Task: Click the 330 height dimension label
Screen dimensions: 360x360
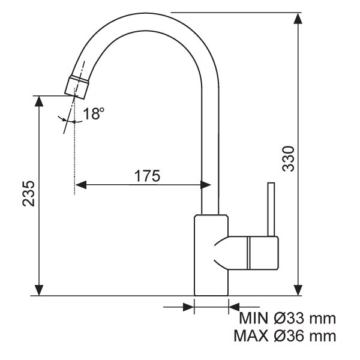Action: [288, 158]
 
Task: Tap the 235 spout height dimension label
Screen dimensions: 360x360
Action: [29, 194]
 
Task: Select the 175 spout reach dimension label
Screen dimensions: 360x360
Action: [147, 176]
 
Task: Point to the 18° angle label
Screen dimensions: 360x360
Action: [94, 113]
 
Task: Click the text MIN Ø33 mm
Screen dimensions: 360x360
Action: [287, 318]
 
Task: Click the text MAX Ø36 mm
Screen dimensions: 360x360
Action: [285, 336]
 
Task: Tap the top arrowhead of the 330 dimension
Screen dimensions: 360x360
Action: [298, 19]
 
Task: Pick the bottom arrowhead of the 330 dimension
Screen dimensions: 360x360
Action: [298, 290]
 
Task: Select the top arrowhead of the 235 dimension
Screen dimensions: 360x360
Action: [39, 101]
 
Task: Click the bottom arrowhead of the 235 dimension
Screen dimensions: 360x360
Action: [39, 290]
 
